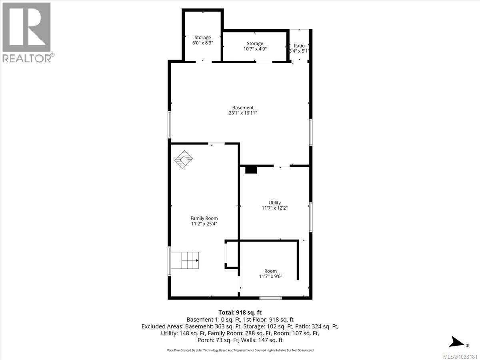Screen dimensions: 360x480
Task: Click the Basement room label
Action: pos(243,108)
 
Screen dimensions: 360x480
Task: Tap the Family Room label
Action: pos(204,218)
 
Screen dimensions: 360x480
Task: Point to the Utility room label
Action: pos(274,203)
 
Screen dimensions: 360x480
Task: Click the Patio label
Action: pos(299,46)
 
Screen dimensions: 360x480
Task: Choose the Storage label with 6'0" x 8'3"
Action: pos(202,38)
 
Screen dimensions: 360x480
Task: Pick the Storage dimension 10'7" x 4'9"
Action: pos(255,49)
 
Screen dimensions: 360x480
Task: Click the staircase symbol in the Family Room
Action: pos(190,260)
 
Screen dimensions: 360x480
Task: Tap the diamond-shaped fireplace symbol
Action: pos(184,160)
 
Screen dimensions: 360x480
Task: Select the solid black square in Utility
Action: pos(251,170)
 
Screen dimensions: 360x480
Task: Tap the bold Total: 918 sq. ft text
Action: pos(240,312)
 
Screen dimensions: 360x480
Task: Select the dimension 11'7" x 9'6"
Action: pos(271,276)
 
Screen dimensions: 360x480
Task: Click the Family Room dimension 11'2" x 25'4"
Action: pos(204,224)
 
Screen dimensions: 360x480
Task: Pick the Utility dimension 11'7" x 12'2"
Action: pos(274,208)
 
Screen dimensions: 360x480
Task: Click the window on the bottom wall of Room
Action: pos(270,298)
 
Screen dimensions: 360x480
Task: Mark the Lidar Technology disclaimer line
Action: pos(240,350)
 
